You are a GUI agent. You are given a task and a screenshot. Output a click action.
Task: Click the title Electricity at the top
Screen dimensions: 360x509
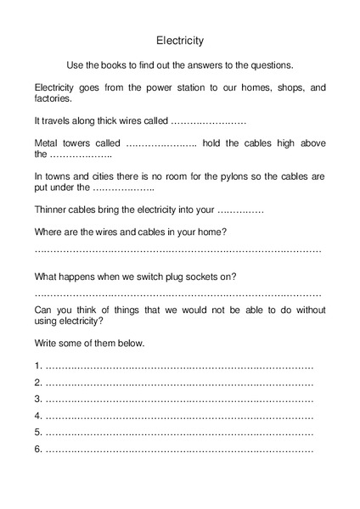point(180,39)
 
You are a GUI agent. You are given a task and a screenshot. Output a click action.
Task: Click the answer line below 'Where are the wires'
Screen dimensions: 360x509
point(178,251)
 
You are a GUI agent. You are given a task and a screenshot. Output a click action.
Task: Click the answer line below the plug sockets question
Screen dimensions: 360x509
point(178,294)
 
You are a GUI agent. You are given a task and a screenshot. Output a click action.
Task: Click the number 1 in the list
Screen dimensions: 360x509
point(38,366)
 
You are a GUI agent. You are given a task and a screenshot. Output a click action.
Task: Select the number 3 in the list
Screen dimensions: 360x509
point(38,398)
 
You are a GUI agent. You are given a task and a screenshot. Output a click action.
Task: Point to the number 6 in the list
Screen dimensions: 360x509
point(38,447)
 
